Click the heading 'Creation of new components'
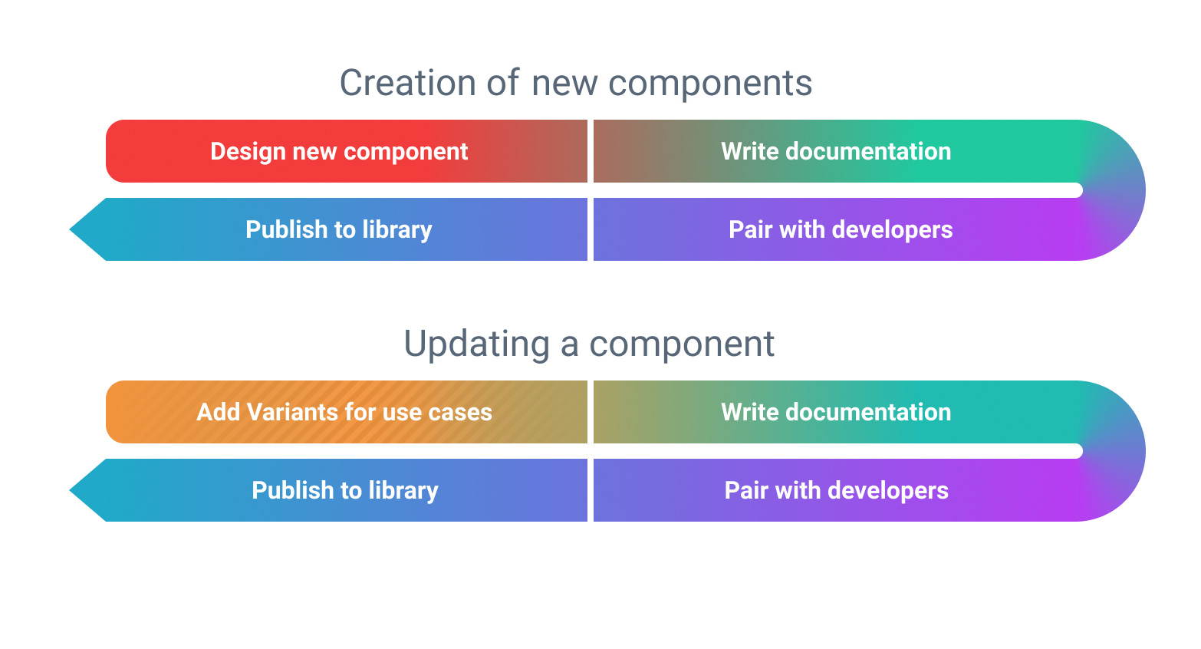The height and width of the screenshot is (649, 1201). (x=575, y=83)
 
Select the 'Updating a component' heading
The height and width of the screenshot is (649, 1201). (x=588, y=344)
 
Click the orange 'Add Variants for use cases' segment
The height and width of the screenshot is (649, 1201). (x=344, y=413)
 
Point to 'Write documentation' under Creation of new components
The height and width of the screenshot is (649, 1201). (x=836, y=152)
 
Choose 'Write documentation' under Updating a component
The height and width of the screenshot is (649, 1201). (x=836, y=413)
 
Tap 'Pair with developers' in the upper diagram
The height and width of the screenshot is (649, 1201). (x=840, y=230)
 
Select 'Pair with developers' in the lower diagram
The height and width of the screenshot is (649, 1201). (x=836, y=491)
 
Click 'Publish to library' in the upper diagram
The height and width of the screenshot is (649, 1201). (x=338, y=230)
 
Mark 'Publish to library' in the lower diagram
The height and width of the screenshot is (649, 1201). (x=344, y=491)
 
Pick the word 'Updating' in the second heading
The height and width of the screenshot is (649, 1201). (x=476, y=344)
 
